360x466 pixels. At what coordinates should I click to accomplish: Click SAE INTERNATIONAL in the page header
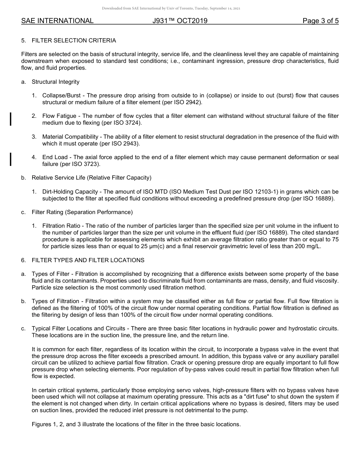coord(57,21)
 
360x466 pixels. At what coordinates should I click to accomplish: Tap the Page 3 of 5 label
coord(321,21)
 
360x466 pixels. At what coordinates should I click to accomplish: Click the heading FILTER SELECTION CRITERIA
coord(74,41)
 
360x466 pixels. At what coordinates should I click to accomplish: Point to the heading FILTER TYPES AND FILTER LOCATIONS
coord(88,260)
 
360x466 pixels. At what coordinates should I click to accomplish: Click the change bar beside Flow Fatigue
coord(11,119)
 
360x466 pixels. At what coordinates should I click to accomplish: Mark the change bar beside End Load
coord(11,160)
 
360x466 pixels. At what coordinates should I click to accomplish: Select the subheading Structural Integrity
coord(55,82)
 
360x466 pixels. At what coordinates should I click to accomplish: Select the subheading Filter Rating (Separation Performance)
coord(82,212)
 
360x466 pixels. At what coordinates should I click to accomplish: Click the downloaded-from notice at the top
coord(171,8)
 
